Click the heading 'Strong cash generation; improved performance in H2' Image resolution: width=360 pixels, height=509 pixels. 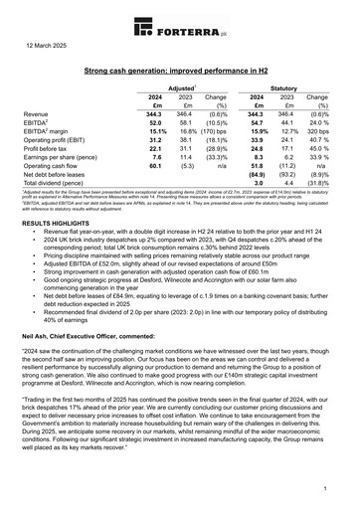180,74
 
